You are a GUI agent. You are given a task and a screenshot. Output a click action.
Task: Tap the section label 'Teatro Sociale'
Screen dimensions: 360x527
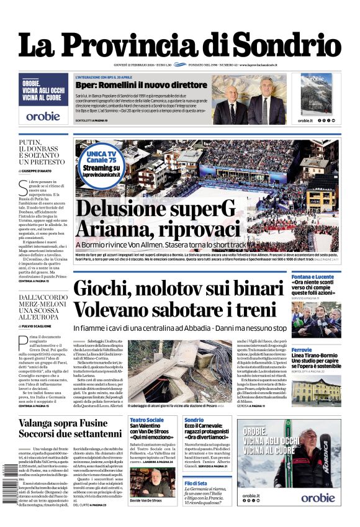point(146,420)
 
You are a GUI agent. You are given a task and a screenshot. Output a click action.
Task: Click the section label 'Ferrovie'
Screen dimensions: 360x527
point(302,350)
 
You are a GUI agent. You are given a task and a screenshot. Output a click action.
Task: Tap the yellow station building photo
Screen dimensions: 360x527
point(316,390)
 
